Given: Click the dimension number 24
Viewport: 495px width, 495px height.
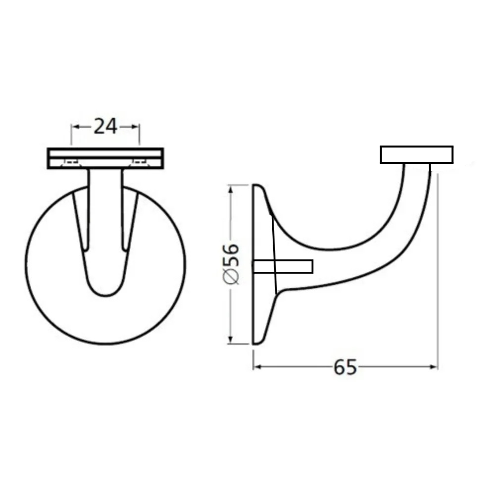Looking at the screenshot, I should click(105, 127).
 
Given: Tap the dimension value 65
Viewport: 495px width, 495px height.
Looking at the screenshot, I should click(345, 367).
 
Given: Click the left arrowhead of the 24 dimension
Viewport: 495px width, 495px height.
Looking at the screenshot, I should click(75, 127).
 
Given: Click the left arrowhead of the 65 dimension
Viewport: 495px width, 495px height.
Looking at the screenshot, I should click(256, 367).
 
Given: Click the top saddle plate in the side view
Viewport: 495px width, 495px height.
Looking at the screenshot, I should click(416, 154).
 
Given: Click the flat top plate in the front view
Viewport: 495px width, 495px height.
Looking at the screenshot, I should click(105, 153).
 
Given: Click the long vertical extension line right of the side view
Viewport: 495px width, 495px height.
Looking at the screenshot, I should click(437, 272).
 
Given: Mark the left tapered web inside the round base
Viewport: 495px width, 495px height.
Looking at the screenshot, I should click(81, 223).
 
